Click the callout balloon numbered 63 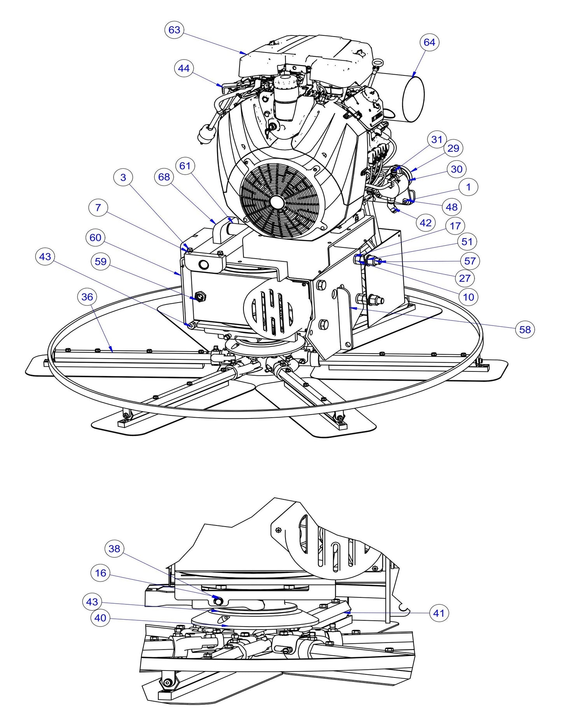click(x=174, y=30)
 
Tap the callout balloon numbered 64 click(x=429, y=42)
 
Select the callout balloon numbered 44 click(x=184, y=68)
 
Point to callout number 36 click(x=87, y=297)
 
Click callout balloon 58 click(x=525, y=329)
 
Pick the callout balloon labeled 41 click(x=439, y=613)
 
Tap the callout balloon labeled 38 click(x=114, y=549)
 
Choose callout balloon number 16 click(x=100, y=573)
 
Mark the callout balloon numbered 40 click(x=100, y=618)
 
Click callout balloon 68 click(x=164, y=177)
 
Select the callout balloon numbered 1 click(x=468, y=187)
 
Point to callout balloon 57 click(x=470, y=261)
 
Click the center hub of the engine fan click(x=277, y=201)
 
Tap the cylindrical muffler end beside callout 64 click(x=413, y=99)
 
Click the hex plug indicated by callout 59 click(x=201, y=297)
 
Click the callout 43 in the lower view click(x=92, y=602)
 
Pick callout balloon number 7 click(x=98, y=208)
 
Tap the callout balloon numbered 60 click(x=95, y=238)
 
